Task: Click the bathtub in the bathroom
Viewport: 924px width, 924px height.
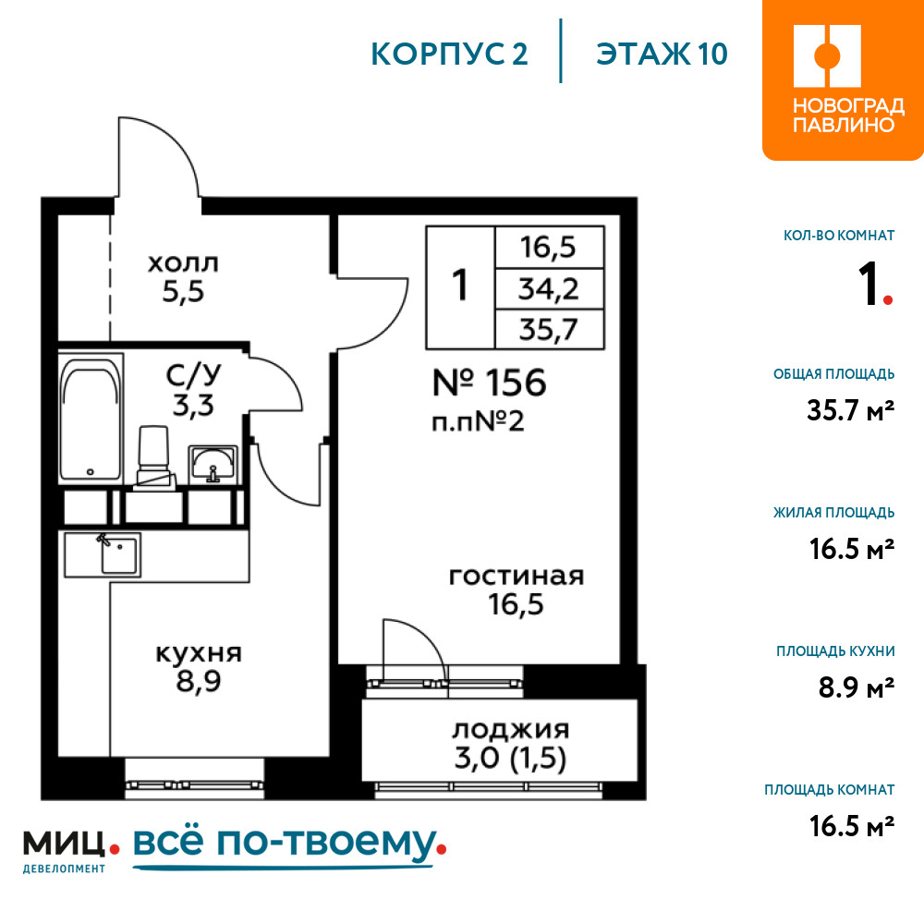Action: tap(91, 418)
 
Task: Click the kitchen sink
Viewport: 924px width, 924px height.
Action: tap(119, 554)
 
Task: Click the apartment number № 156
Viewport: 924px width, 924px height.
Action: tap(489, 383)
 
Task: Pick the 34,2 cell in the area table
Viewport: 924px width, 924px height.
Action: tap(549, 289)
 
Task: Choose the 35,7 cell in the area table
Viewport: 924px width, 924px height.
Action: tap(549, 330)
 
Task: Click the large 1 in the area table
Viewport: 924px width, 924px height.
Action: tap(459, 286)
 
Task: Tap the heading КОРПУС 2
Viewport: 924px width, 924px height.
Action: tap(449, 55)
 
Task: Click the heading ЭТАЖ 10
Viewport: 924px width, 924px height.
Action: tap(662, 55)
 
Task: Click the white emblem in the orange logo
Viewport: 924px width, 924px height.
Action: tap(827, 56)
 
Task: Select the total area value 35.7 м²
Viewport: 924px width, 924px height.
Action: tap(850, 410)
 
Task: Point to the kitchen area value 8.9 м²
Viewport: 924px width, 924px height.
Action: tap(857, 687)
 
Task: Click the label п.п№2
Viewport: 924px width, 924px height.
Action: tap(478, 422)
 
